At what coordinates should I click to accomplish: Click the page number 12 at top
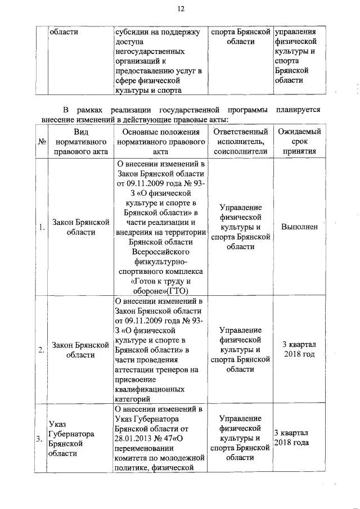[x=181, y=8]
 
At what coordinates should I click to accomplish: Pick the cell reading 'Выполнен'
[x=299, y=227]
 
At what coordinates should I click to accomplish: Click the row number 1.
[x=42, y=227]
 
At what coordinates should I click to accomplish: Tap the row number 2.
[x=42, y=350]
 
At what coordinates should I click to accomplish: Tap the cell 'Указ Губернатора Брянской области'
[x=71, y=439]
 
